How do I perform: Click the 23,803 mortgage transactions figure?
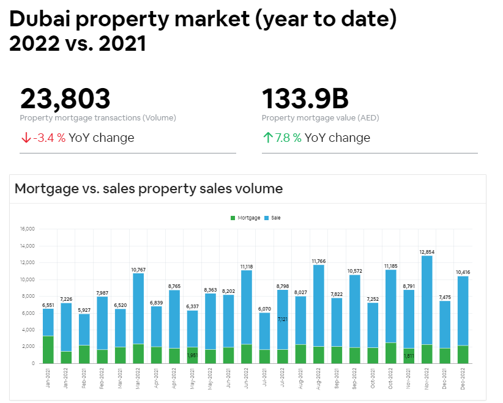[65, 99]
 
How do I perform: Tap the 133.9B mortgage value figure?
[305, 99]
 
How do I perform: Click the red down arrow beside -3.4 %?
[26, 138]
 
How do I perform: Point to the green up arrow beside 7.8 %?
[267, 138]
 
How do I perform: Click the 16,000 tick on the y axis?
[28, 229]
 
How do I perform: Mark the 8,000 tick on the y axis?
[29, 297]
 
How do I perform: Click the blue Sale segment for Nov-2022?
[427, 300]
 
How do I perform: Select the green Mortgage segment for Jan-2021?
[48, 349]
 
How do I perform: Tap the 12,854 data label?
[427, 251]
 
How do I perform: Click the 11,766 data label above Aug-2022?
[318, 261]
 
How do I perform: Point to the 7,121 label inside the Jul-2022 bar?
[282, 319]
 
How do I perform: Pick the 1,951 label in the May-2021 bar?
[192, 355]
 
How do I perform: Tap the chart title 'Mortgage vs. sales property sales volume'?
[149, 188]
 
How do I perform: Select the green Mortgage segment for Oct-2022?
[390, 353]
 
